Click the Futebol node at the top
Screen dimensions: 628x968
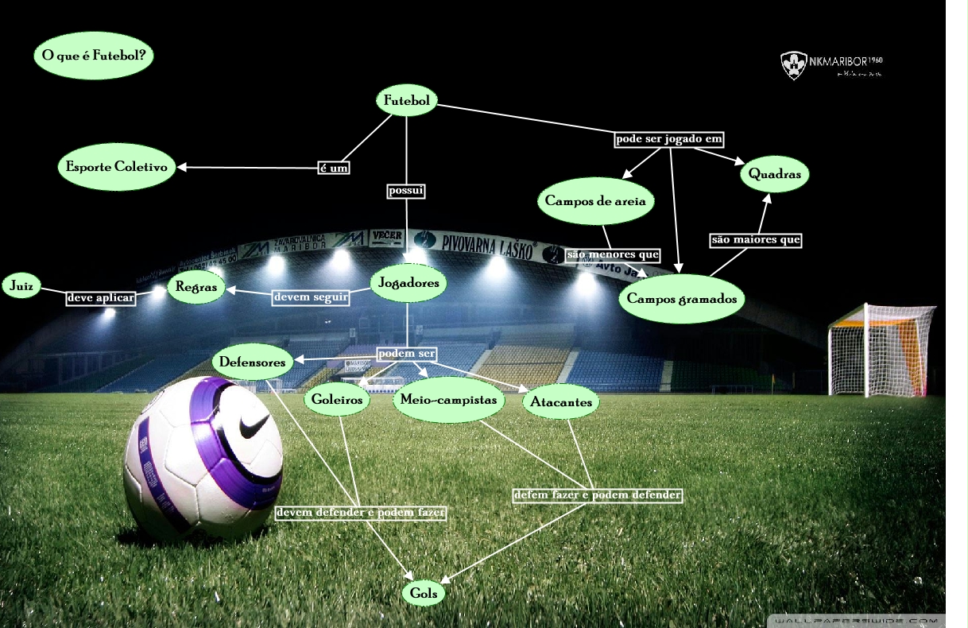tap(407, 101)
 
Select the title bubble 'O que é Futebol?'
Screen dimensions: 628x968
tap(94, 56)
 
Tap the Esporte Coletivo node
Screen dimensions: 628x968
tap(117, 168)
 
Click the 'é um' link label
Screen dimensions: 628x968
tap(334, 169)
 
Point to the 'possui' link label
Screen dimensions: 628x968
tap(406, 191)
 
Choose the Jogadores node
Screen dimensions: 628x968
tap(408, 283)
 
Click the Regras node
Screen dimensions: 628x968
tap(196, 288)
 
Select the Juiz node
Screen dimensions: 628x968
tap(21, 285)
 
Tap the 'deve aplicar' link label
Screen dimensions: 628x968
tap(101, 297)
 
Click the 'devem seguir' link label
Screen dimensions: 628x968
tap(311, 297)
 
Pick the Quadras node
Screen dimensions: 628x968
tap(775, 175)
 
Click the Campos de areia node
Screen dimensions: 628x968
tap(595, 201)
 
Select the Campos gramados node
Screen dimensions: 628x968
tap(683, 299)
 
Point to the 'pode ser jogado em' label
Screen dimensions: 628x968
tap(669, 139)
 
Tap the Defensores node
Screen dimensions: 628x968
tap(252, 362)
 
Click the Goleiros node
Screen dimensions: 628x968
tap(337, 400)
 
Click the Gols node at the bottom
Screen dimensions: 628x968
tap(424, 593)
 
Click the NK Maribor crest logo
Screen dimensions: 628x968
tap(794, 65)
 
